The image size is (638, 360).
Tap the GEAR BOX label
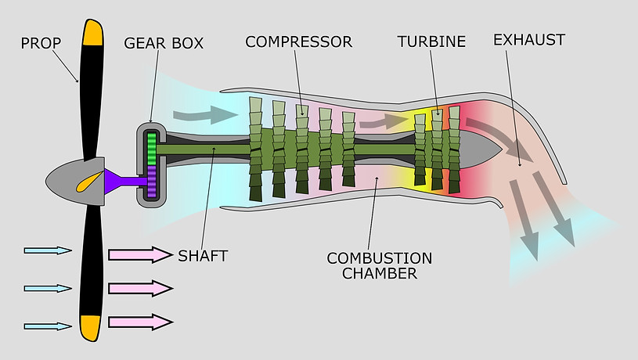(x=163, y=41)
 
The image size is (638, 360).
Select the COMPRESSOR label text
(x=298, y=41)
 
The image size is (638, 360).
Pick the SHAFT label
(x=202, y=256)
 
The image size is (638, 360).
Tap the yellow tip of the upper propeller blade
(x=92, y=31)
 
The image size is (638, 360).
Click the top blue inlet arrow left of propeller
(x=48, y=250)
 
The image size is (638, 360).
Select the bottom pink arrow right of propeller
(x=139, y=322)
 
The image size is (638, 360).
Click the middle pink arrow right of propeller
(x=139, y=288)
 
